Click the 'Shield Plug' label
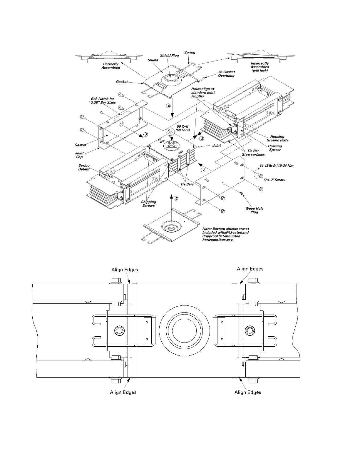(x=169, y=56)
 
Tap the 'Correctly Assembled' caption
(x=111, y=66)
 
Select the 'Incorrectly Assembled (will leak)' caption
(x=260, y=67)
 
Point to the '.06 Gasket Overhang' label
(x=226, y=74)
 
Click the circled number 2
(x=202, y=138)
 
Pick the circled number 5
(x=169, y=131)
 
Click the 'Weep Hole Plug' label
(x=254, y=211)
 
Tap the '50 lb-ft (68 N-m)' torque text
(x=183, y=128)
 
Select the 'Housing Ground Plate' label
(x=277, y=138)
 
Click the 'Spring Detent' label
(x=84, y=167)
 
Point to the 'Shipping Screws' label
(x=148, y=204)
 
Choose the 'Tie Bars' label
(x=187, y=184)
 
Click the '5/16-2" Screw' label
(x=274, y=180)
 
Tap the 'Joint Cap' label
(x=79, y=155)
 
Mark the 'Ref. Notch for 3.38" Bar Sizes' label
(x=103, y=101)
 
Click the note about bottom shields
(x=226, y=234)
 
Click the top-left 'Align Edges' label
(x=125, y=270)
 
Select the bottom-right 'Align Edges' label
(x=248, y=392)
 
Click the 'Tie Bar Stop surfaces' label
(x=253, y=153)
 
